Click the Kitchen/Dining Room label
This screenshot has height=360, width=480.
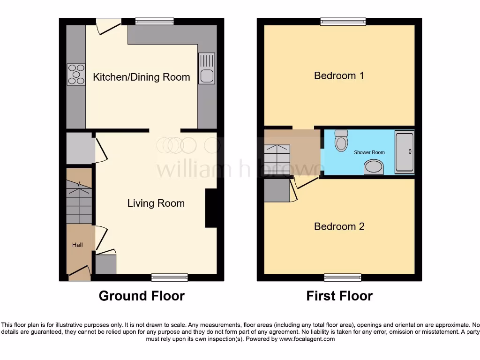click(x=141, y=77)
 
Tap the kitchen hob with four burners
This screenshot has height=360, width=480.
click(x=76, y=74)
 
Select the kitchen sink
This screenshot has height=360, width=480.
click(x=206, y=68)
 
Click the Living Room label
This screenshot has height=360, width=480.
click(x=156, y=203)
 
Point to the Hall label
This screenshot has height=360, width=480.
click(x=77, y=245)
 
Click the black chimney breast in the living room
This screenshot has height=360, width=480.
click(x=211, y=208)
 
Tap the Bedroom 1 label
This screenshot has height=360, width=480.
click(x=339, y=75)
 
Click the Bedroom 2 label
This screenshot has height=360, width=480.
click(x=339, y=226)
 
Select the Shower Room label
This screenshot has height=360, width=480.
click(x=369, y=152)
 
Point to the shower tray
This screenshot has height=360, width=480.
click(x=404, y=152)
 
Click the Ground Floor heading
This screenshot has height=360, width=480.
click(x=142, y=296)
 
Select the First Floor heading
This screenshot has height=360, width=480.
click(x=339, y=296)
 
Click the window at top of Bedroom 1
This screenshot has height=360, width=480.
click(x=343, y=21)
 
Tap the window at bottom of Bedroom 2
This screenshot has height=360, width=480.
click(x=343, y=277)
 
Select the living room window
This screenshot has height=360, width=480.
click(x=169, y=277)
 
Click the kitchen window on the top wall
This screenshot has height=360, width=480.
click(x=154, y=21)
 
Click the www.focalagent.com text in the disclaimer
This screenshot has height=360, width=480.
click(x=307, y=339)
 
